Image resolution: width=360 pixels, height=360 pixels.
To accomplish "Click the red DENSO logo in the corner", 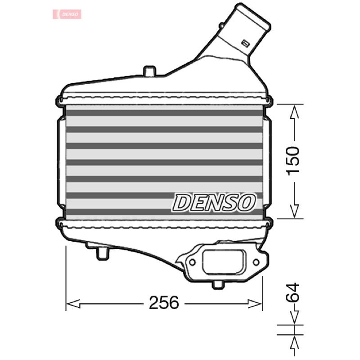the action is pos(67,14).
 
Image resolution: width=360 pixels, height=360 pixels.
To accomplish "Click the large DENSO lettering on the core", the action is pos(214,202).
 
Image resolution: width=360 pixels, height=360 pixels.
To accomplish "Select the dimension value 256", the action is pos(164,302).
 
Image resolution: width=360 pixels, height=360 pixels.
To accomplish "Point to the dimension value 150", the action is pos(294,161).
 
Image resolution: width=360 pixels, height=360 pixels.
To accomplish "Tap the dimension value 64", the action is pos(293,292).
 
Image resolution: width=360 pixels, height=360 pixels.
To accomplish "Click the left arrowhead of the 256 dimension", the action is pos(73,303).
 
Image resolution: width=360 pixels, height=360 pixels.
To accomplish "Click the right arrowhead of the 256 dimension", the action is pos(255,303).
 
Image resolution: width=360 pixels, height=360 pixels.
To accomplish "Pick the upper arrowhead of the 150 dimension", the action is pos(294,112).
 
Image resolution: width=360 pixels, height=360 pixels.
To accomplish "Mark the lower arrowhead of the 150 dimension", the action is pos(294,211).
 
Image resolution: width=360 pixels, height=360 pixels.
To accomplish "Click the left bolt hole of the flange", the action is pos(192,262).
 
